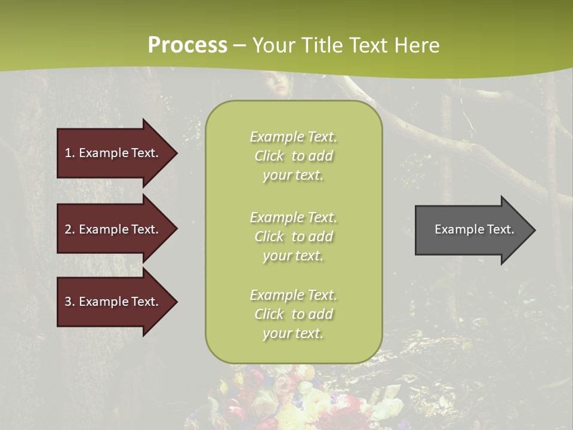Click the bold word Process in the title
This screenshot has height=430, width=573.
[x=187, y=45]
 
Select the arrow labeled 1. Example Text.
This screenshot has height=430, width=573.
[x=113, y=153]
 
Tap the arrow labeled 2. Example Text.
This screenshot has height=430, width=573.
[x=113, y=229]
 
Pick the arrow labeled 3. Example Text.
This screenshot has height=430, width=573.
[x=113, y=302]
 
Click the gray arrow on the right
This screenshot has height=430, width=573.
[x=472, y=230]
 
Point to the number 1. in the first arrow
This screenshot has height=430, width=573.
[x=70, y=153]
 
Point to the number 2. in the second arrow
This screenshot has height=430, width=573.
[x=70, y=229]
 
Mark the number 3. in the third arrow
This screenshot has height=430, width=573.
[x=70, y=302]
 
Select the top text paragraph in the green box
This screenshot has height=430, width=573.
[x=293, y=156]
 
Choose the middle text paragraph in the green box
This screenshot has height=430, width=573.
[x=293, y=236]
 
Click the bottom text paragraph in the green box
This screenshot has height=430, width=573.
[x=293, y=314]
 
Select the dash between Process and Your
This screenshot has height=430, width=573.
[x=240, y=46]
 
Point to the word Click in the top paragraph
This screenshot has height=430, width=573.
[x=269, y=156]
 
